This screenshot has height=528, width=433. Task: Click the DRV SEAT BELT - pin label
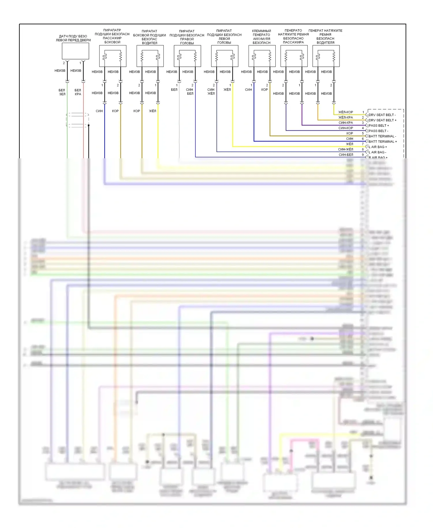(382, 115)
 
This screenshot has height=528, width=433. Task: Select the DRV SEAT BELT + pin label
(382, 120)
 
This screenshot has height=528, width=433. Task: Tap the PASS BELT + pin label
(378, 126)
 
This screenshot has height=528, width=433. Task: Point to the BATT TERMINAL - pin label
(382, 136)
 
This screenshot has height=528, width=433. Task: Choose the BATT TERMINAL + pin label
(382, 142)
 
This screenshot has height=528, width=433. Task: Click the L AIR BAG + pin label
(378, 147)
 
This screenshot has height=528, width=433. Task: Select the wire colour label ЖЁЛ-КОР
(346, 112)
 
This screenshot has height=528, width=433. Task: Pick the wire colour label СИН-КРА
(346, 123)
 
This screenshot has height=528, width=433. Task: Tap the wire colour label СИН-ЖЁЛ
(346, 149)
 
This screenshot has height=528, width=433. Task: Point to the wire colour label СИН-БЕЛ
(346, 155)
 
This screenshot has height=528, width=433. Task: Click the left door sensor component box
(75, 51)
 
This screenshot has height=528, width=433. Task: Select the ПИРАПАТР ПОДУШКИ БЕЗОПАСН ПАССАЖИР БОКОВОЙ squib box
(113, 56)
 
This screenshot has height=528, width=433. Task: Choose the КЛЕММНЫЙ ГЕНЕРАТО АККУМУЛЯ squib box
(262, 56)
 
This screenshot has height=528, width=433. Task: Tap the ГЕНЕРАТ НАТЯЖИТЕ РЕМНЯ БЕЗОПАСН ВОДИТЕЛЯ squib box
(326, 56)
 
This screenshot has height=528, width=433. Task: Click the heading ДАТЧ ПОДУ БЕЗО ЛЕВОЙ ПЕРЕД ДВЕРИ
(73, 38)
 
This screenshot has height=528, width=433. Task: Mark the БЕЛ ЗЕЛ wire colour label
(62, 92)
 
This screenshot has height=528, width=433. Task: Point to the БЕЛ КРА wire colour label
(78, 92)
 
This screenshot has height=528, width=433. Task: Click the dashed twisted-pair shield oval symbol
(77, 120)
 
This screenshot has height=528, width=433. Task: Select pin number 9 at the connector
(363, 155)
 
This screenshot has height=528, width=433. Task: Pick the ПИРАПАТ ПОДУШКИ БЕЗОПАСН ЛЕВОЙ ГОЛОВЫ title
(224, 37)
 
